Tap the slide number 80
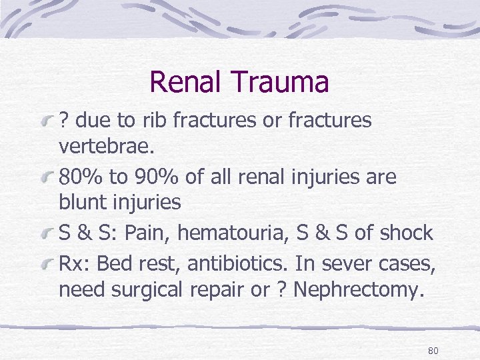click(433, 351)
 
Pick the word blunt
click(81, 203)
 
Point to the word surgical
click(152, 290)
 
